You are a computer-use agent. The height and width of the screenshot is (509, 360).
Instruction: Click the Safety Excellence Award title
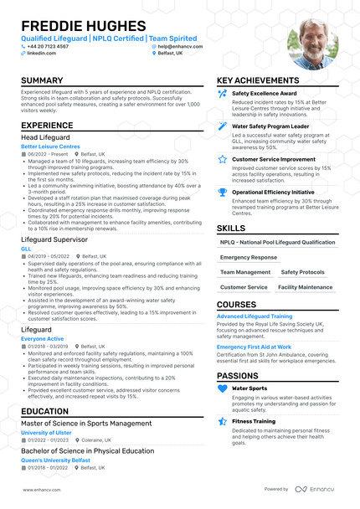[264, 94]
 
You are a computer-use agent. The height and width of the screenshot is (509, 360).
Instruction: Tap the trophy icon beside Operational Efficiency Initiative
[222, 192]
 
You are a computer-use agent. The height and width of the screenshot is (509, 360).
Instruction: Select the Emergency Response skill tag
[249, 257]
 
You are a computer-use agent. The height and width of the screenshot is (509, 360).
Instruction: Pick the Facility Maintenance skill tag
[304, 287]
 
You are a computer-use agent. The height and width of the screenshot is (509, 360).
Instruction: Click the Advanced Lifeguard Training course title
[255, 316]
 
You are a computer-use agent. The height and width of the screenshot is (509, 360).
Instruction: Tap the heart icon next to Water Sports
[222, 388]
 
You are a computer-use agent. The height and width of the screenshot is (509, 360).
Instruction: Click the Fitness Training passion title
[253, 421]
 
